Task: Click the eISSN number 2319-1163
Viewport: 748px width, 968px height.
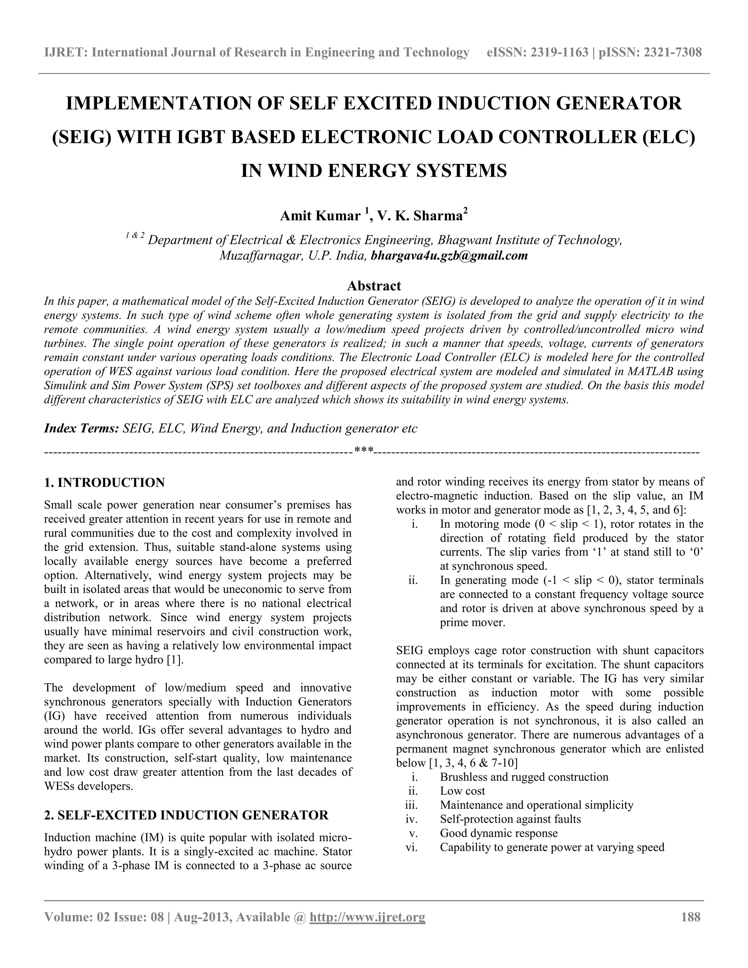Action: tap(561, 53)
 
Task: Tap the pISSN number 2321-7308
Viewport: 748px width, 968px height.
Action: tap(673, 53)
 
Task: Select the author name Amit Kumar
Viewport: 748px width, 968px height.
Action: tap(320, 216)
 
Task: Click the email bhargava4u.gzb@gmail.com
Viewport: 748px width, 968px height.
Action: tap(449, 256)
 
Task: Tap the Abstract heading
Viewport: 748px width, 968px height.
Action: tap(374, 285)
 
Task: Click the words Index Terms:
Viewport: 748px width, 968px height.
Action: tap(81, 428)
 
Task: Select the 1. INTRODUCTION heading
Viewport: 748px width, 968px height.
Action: tap(104, 483)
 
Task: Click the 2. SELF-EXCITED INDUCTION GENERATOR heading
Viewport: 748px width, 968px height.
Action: tap(186, 815)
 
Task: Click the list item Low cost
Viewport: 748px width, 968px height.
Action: tap(462, 791)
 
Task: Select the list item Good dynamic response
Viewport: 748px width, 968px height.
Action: tap(499, 833)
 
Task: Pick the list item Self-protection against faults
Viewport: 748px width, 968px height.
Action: tap(510, 819)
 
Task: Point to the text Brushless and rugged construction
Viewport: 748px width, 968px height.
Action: tap(524, 777)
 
